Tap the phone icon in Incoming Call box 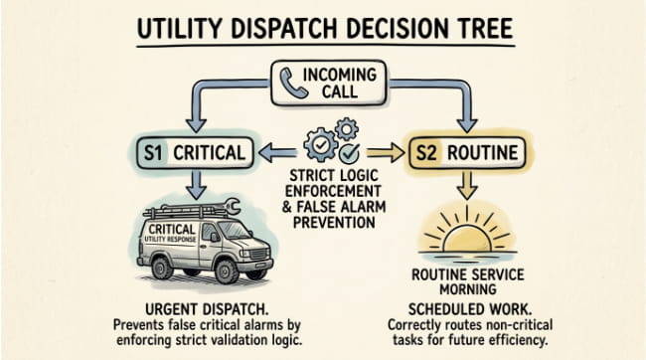[292, 84]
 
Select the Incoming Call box [329, 84]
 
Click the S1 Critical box [195, 153]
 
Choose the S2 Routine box [466, 153]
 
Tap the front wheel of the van [228, 270]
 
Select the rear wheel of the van [162, 267]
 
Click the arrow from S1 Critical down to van [196, 185]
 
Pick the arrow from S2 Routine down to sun [467, 185]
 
